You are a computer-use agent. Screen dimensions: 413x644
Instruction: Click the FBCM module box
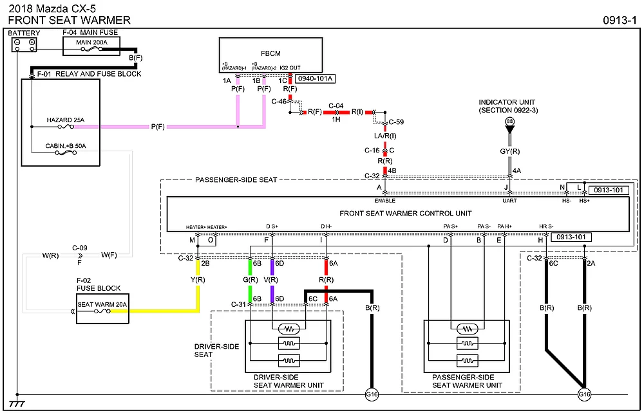click(x=270, y=55)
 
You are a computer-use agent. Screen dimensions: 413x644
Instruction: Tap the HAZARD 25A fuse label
click(x=66, y=120)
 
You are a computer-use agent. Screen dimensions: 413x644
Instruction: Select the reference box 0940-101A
click(x=315, y=78)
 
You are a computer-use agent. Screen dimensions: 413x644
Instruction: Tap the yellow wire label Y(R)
click(x=198, y=280)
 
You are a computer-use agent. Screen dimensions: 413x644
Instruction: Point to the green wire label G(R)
click(x=251, y=280)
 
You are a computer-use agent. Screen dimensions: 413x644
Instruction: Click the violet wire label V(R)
click(x=271, y=280)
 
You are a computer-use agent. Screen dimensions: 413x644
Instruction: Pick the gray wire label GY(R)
click(x=510, y=151)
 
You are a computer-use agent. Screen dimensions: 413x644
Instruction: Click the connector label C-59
click(x=396, y=122)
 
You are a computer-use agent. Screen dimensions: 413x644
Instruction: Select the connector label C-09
click(x=80, y=247)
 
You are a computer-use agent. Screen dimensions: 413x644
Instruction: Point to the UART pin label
click(x=509, y=200)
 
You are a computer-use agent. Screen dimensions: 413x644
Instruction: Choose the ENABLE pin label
click(x=384, y=200)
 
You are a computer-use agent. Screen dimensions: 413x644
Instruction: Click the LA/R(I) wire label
click(x=385, y=136)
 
